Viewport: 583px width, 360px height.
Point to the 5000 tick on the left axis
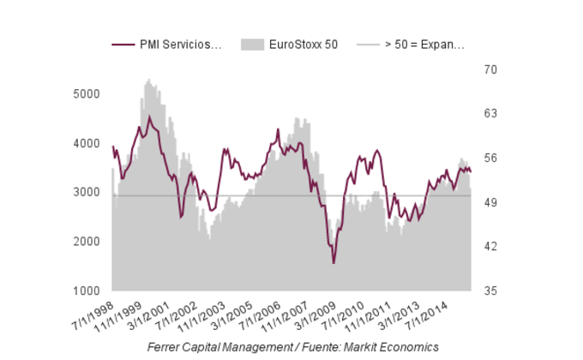(87, 93)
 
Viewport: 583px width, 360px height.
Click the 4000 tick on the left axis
(87, 143)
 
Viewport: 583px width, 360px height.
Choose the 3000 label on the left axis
(87, 192)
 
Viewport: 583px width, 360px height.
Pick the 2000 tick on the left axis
(87, 242)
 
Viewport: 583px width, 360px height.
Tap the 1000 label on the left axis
(87, 291)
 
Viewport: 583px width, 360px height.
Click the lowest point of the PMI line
(334, 262)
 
